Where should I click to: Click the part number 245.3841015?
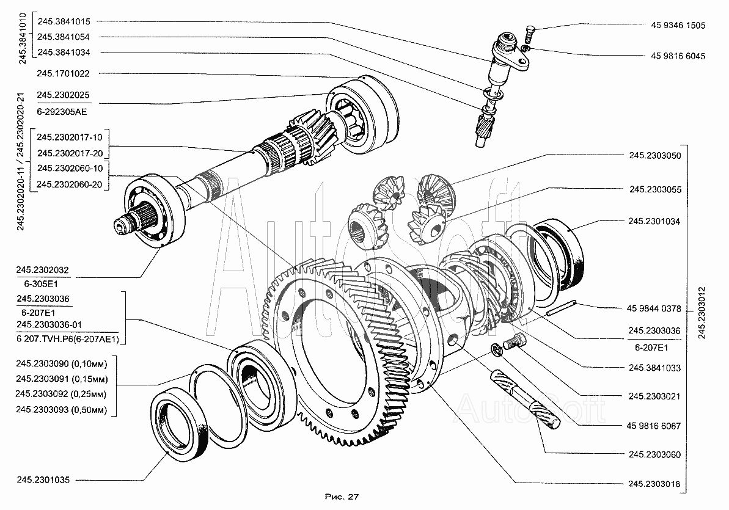[x=64, y=21]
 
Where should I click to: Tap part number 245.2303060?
[x=654, y=454]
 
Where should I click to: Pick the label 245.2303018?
[x=654, y=484]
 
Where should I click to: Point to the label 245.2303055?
[x=655, y=190]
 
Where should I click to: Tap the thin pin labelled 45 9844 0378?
[x=561, y=310]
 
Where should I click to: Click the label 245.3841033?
[x=654, y=368]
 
